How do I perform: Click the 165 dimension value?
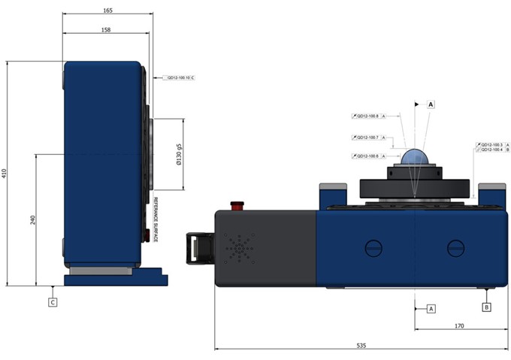click(107, 11)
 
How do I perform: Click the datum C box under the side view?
click(52, 303)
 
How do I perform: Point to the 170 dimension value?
click(459, 326)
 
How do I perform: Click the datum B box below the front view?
click(487, 307)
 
